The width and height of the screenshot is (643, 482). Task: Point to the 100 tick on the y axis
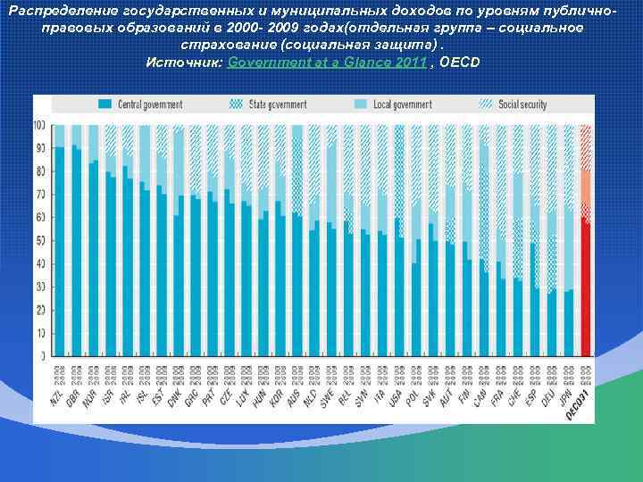pos(39,125)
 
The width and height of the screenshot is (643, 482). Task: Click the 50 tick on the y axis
pos(41,241)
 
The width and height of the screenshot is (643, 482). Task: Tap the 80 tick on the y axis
pos(41,171)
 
